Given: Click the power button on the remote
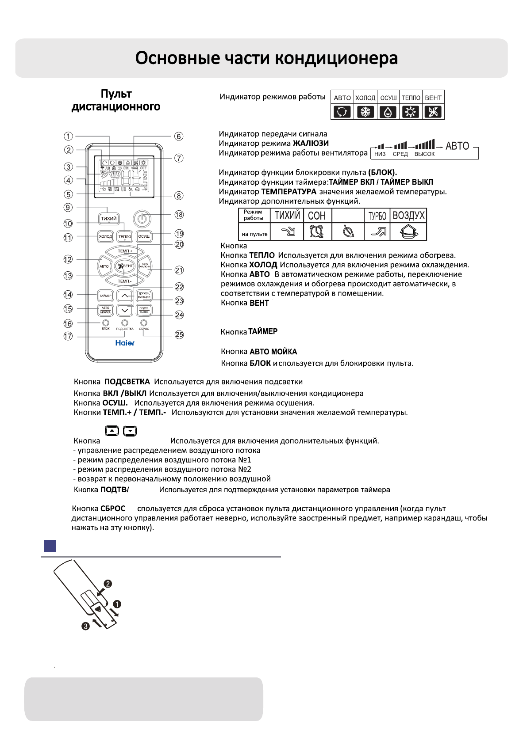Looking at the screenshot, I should tap(142, 218).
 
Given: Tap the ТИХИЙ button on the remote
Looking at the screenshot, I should tap(108, 219).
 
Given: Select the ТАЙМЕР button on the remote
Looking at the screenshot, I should tap(105, 296).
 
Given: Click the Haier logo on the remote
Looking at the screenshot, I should tap(125, 343).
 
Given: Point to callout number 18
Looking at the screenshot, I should tap(179, 215).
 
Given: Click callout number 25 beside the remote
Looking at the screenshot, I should tap(179, 335).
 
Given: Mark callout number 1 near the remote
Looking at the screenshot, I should tap(68, 136).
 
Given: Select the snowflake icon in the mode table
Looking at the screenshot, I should tap(365, 112).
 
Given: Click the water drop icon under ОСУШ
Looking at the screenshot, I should tap(388, 112).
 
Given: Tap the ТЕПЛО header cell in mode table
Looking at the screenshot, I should tap(411, 98).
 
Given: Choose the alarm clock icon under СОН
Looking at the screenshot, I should tap(317, 231).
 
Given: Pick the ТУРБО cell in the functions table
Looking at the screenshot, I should tap(377, 216).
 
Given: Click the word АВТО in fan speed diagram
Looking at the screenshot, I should tap(457, 146).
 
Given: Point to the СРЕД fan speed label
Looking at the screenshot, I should tap(400, 154).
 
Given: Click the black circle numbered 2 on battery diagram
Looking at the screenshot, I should tap(108, 584).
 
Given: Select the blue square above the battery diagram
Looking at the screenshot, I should tap(50, 546).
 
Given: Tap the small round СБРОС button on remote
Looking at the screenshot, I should tap(144, 323).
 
